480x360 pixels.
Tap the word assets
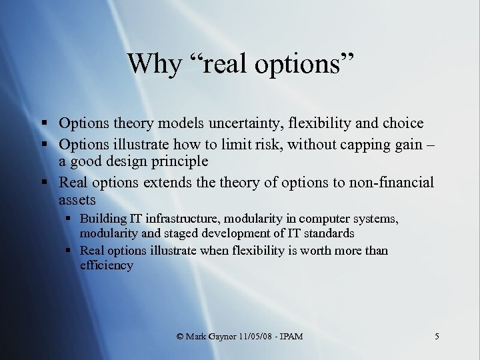[77, 199]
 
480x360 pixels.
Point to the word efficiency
[107, 265]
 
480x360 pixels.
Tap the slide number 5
[437, 337]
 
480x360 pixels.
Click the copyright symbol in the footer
[181, 337]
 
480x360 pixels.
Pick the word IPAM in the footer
[291, 337]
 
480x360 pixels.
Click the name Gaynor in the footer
[214, 337]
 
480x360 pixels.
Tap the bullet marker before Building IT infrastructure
[69, 219]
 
